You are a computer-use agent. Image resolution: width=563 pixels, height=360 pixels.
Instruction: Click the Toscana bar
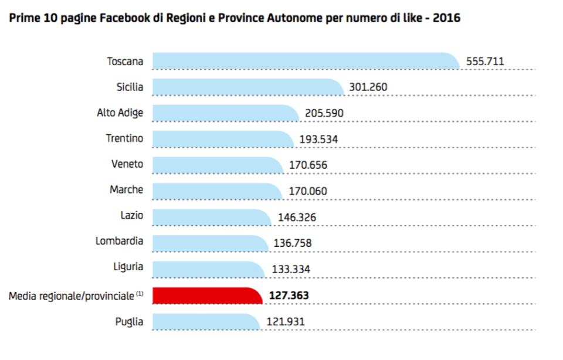tap(305, 61)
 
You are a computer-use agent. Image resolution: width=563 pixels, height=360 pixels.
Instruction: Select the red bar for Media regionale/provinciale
tap(206, 296)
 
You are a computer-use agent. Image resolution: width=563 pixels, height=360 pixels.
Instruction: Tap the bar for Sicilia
tap(247, 87)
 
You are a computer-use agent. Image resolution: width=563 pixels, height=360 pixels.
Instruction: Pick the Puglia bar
tap(205, 321)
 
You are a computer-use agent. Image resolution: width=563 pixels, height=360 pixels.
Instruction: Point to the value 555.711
tap(485, 62)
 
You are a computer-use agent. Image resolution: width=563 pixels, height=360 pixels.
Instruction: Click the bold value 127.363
tap(289, 296)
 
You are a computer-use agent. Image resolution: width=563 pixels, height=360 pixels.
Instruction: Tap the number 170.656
tap(308, 165)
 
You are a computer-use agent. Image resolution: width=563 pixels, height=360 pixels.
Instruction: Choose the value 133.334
tap(291, 270)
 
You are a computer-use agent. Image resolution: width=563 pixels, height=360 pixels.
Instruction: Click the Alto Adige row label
tap(120, 113)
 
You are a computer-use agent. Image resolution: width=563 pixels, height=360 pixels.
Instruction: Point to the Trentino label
tap(124, 138)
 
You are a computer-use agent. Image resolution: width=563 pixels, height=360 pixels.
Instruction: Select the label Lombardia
tap(119, 241)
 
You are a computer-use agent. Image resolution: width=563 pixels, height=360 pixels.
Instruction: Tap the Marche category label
tap(126, 190)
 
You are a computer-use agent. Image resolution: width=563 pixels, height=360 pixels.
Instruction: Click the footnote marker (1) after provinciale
tap(140, 294)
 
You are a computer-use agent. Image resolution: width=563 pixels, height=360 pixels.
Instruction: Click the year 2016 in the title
tap(447, 18)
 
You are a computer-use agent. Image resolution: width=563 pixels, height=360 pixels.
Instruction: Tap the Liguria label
tap(128, 267)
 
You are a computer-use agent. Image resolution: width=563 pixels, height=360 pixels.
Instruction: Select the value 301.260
tap(368, 87)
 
